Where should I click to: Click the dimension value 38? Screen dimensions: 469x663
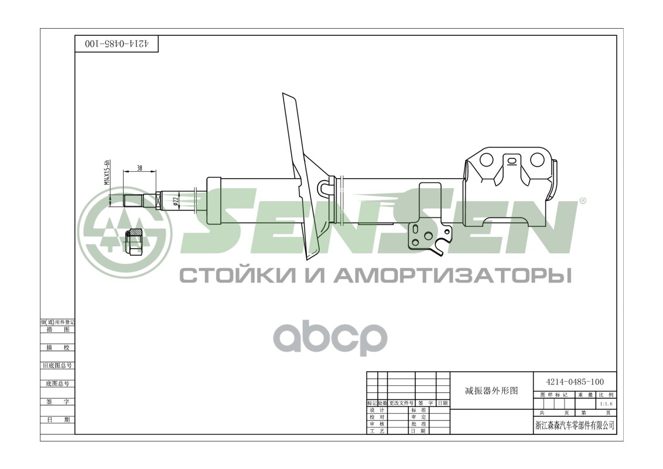click(139, 168)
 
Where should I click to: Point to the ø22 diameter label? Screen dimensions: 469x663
click(175, 200)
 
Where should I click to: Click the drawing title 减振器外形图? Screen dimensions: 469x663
click(491, 390)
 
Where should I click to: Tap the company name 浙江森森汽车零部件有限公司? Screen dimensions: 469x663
click(575, 425)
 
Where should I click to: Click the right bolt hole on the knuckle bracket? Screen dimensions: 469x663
click(537, 160)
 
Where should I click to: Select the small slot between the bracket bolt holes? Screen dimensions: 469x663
click(512, 160)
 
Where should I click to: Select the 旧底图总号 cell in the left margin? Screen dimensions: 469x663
click(57, 365)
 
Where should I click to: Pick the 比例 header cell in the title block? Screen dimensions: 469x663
click(606, 395)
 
